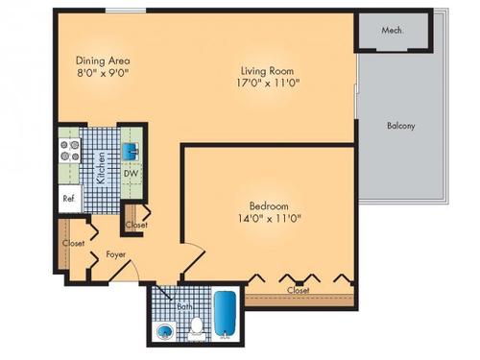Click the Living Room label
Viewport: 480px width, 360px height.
265,70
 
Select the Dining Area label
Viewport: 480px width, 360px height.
102,58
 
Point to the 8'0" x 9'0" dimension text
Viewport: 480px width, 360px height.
102,72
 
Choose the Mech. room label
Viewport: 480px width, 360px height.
392,30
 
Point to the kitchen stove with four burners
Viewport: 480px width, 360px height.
70,151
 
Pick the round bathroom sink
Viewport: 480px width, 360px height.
164,332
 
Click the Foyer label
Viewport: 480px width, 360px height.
116,254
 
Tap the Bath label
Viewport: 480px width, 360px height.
184,306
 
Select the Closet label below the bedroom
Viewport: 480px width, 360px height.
297,289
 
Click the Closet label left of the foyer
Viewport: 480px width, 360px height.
73,244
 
